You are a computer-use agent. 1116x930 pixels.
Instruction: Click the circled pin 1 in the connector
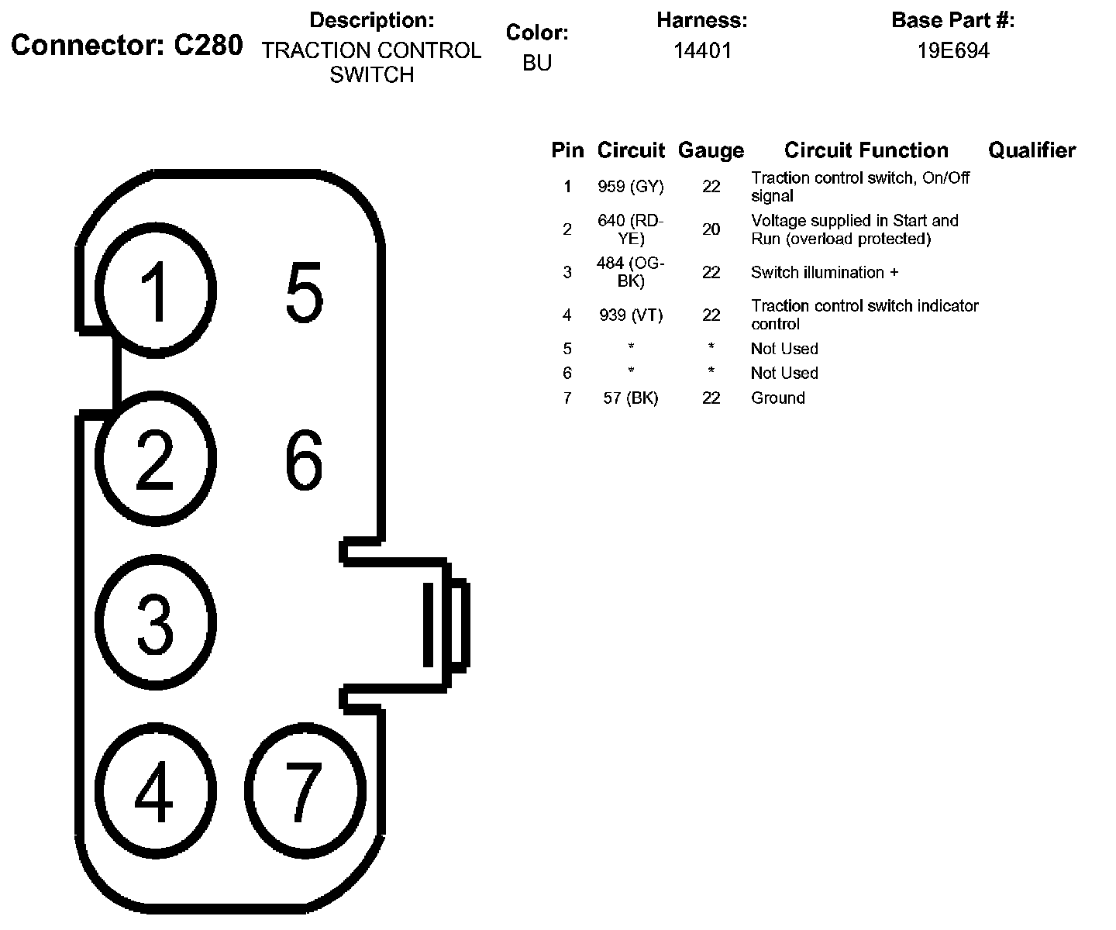[156, 291]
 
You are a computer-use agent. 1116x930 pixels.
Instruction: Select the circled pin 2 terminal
[156, 459]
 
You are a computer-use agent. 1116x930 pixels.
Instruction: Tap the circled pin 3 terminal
[156, 622]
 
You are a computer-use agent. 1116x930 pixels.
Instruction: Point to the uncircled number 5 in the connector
[304, 292]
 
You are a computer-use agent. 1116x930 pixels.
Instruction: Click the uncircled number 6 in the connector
[304, 461]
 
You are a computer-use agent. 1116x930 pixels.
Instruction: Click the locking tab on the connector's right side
[445, 625]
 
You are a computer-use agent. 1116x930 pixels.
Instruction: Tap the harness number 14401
[702, 51]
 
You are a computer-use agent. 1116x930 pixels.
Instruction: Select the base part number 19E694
[953, 51]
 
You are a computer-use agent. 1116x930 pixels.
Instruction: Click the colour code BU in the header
[537, 63]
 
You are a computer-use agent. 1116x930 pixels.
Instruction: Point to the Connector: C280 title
[127, 46]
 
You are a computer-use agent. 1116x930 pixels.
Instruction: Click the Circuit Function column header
[866, 150]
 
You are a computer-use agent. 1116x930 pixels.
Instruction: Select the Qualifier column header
[1032, 150]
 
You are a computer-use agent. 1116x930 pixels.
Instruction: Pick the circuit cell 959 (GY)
[631, 187]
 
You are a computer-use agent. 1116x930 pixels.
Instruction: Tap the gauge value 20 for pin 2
[711, 229]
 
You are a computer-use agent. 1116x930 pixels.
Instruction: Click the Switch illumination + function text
[825, 273]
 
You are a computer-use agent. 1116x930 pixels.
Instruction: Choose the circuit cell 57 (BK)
[631, 398]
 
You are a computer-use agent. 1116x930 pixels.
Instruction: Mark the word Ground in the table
[778, 398]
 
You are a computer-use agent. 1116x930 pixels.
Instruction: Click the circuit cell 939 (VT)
[631, 315]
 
